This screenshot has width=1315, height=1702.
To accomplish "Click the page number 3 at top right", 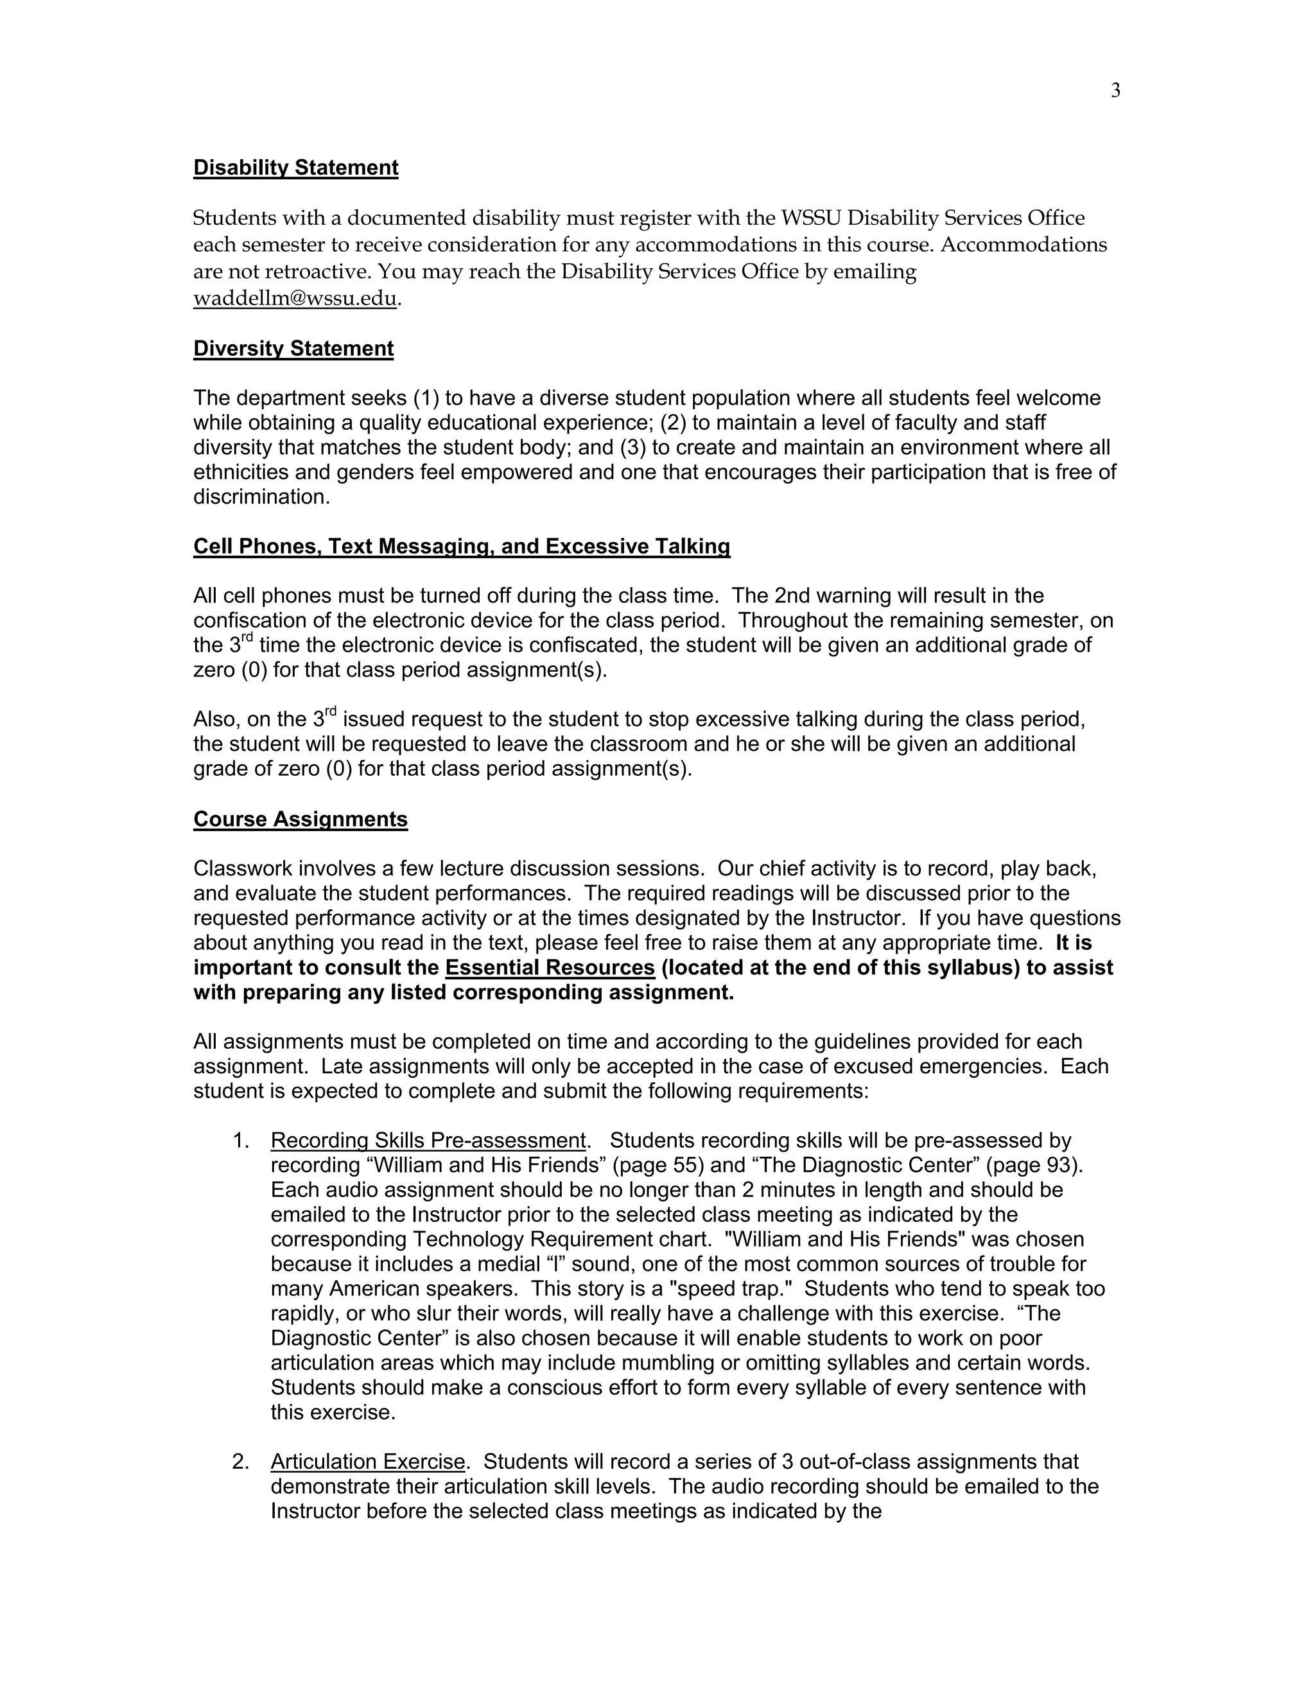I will [1115, 91].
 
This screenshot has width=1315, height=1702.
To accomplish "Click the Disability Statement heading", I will [295, 168].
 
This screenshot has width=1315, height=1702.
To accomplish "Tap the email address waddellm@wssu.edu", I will [295, 299].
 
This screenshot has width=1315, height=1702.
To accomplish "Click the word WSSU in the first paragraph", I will [811, 218].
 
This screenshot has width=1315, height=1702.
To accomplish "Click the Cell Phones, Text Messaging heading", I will [461, 547].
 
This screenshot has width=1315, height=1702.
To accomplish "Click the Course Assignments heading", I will [300, 819].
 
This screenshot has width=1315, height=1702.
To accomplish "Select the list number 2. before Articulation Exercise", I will [241, 1462].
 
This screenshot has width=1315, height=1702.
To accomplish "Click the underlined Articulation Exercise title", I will [368, 1462].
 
